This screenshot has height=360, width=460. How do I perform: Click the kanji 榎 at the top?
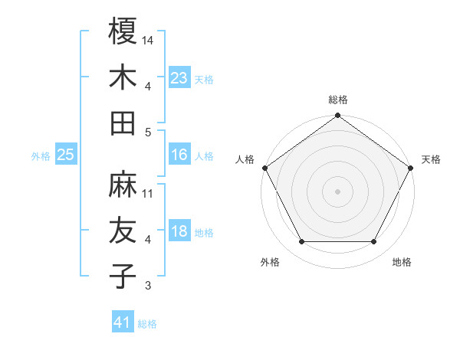point(123,31)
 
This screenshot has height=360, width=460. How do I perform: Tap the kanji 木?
point(123,77)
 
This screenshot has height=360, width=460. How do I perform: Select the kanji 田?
point(123,123)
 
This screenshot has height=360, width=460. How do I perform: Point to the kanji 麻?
point(123,185)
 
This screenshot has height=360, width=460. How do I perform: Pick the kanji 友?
point(123,231)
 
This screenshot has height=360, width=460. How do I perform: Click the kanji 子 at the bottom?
point(123,277)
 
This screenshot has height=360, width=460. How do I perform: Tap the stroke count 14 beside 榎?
point(149,39)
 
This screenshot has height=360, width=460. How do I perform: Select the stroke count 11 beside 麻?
point(149,193)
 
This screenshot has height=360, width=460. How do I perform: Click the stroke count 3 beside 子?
point(148,286)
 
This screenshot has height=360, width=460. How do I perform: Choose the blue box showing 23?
point(179,77)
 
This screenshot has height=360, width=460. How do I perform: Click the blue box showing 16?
point(179,155)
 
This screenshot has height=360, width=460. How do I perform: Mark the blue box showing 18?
point(179,232)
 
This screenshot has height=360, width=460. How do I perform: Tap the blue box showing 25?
point(66,155)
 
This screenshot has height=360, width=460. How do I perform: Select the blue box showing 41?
point(123,322)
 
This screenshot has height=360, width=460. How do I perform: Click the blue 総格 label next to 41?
point(148,324)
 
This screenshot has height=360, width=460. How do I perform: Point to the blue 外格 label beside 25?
point(41,156)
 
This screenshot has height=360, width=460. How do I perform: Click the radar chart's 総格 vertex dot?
point(337,116)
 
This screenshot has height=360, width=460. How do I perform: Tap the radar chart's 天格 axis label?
point(431,159)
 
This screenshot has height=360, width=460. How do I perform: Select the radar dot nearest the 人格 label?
point(264,168)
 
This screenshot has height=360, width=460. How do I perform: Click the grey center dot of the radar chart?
point(337,191)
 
